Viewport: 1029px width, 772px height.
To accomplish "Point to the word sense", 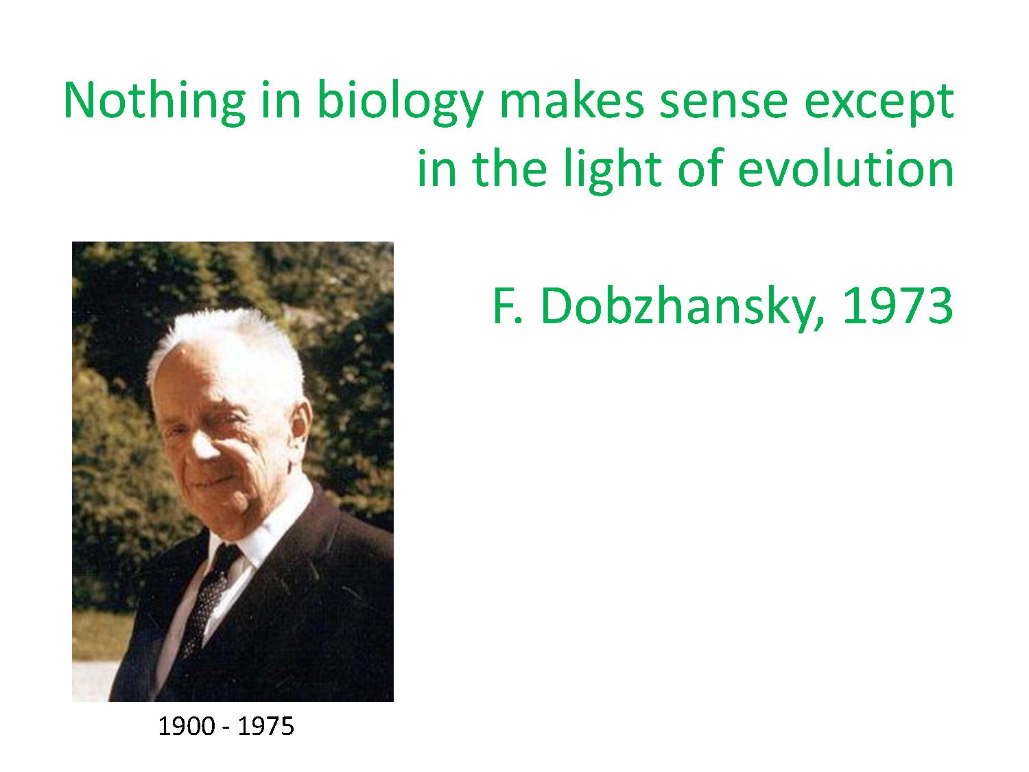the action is tap(723, 104).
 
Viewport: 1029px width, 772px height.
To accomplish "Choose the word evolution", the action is tap(846, 167).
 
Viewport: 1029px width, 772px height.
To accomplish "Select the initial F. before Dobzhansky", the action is tap(508, 305).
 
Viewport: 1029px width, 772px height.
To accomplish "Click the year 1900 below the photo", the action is tap(186, 727).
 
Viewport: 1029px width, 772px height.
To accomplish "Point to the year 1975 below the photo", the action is tap(265, 727).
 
